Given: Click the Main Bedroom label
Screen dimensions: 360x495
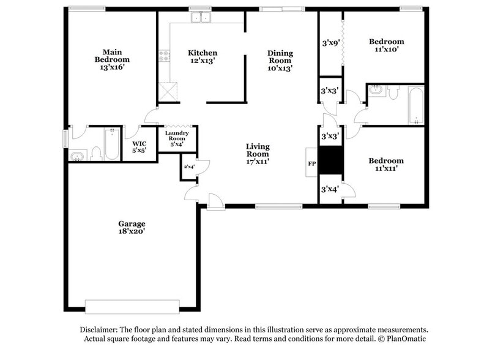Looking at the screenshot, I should (x=112, y=60).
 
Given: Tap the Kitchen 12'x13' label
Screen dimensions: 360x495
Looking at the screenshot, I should (x=202, y=57).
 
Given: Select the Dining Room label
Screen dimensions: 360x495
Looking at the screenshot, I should (x=280, y=61).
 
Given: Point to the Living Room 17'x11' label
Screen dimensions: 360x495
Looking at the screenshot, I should (x=258, y=154).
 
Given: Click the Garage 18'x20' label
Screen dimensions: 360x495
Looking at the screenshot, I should (x=132, y=228).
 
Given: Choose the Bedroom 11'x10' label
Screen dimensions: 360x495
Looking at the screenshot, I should (x=386, y=46).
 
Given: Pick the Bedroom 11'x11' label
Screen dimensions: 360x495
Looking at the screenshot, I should (x=386, y=165).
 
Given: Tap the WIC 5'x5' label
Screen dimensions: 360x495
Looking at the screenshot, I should (x=140, y=148).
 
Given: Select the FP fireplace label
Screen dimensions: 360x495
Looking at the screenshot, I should (x=311, y=164).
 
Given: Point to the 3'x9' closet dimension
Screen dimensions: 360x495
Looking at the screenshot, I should (x=330, y=43).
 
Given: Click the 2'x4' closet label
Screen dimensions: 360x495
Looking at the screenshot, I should (x=188, y=167).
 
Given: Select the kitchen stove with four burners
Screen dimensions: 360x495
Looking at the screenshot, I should (x=164, y=57).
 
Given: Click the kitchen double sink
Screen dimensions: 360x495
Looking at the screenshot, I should (x=202, y=18).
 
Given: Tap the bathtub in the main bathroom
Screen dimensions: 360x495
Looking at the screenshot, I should (x=111, y=144).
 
